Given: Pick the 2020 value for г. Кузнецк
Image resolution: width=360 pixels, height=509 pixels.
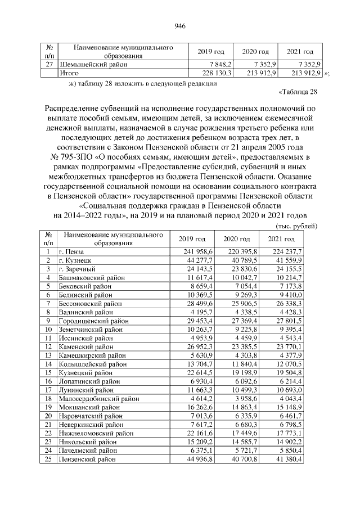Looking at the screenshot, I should [242, 260].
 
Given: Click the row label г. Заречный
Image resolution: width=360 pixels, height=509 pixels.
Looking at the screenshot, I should [78, 269].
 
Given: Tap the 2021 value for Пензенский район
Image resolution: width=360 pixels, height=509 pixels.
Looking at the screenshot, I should [286, 458].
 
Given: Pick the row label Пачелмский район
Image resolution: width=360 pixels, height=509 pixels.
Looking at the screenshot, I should [88, 449].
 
